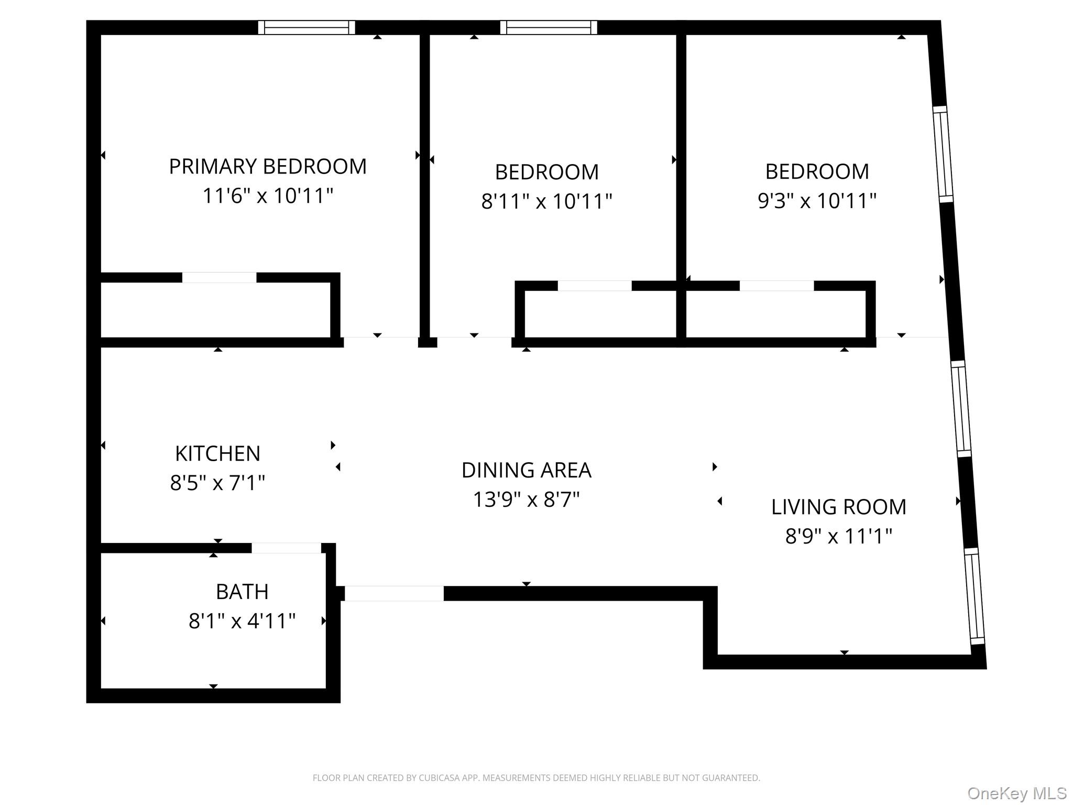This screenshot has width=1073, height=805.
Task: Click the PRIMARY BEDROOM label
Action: point(267,167)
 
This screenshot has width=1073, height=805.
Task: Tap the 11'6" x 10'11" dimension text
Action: point(267,196)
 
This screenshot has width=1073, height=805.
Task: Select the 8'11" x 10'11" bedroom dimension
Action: point(546,201)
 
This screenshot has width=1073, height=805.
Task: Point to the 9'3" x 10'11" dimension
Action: point(817,201)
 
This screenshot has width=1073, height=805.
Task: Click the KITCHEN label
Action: point(217,454)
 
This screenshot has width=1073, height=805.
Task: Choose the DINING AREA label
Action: point(526,471)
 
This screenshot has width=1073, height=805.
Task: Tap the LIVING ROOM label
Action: point(838,507)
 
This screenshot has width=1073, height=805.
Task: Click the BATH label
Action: point(242,592)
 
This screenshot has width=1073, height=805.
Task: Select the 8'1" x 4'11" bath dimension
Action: point(242,622)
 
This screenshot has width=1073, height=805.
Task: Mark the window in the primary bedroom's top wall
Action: point(306,27)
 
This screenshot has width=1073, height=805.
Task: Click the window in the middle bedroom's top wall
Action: point(549,27)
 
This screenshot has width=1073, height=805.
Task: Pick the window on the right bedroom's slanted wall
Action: point(943,154)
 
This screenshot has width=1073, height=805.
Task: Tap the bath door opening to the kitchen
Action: point(286,548)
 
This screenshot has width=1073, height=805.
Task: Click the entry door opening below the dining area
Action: point(394,593)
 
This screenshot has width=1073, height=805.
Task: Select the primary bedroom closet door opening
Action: point(219,278)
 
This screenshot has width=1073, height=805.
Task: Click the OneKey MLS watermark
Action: point(1016,793)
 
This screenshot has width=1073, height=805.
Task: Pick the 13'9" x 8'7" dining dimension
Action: point(526,500)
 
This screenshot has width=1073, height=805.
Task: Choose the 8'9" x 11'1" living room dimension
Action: point(838,537)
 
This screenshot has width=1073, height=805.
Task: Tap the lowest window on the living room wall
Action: point(975,596)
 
